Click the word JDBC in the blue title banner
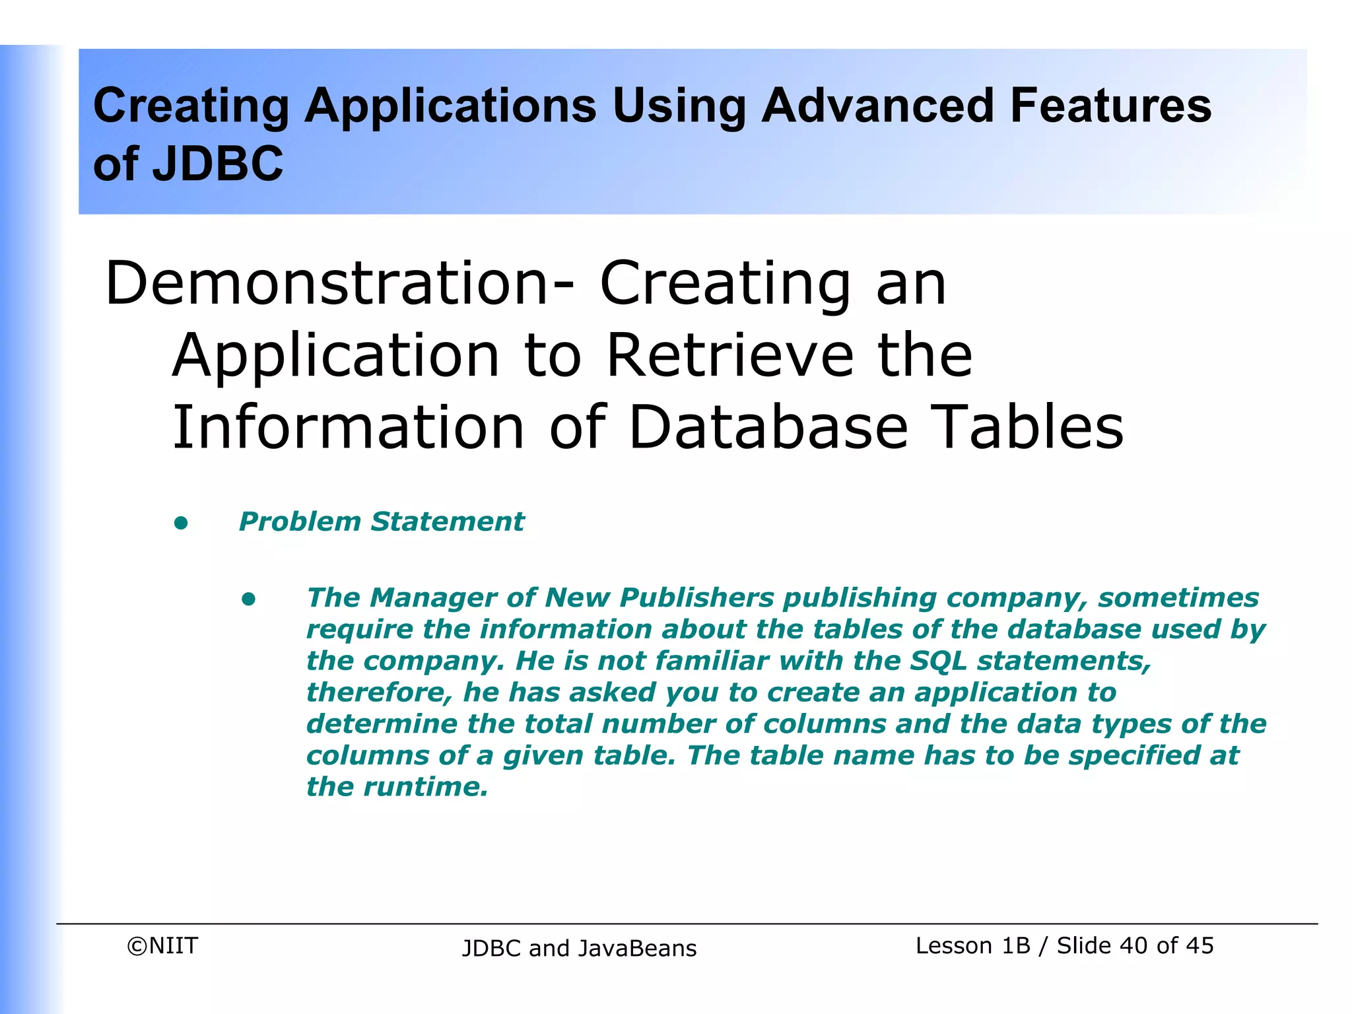(x=218, y=164)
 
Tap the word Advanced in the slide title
(x=877, y=106)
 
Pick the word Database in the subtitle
(x=768, y=427)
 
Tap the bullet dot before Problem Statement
(x=181, y=524)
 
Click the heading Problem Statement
(x=381, y=522)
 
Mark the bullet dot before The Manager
(x=248, y=599)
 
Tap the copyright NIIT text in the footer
(x=162, y=946)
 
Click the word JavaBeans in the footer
(x=637, y=949)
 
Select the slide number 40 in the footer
(x=1133, y=946)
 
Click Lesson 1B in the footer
(x=972, y=946)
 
